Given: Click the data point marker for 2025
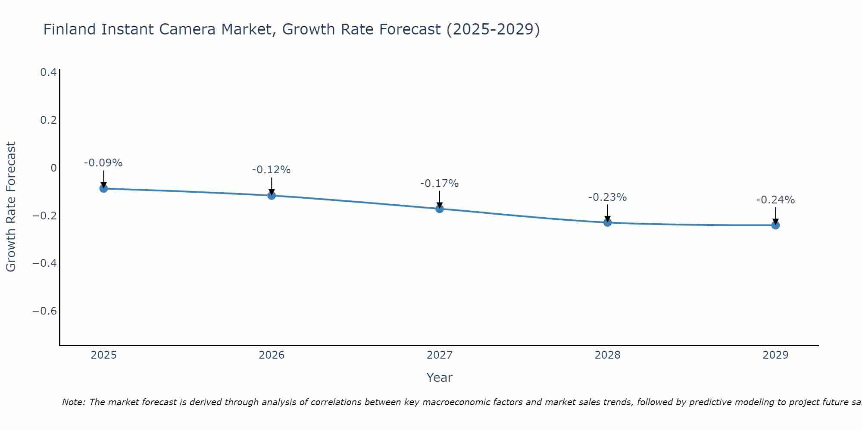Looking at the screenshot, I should click(103, 188).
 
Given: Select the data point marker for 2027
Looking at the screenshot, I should click(439, 209).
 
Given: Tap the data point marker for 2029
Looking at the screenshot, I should click(775, 225).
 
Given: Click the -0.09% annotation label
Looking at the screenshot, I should click(103, 163).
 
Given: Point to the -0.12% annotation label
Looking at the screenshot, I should click(271, 170).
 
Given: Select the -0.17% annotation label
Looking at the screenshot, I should click(439, 184).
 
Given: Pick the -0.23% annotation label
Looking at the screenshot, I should click(607, 197).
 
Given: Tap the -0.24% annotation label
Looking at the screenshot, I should click(775, 200).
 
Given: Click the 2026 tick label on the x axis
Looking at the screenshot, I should click(272, 355).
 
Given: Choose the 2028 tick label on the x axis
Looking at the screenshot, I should click(607, 355).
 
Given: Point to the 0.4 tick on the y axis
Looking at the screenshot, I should click(49, 72).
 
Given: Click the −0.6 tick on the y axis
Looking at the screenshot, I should click(44, 311).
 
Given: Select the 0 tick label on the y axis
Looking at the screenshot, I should click(53, 168).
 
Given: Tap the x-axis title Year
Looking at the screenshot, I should click(439, 378).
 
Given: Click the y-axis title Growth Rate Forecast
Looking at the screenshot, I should click(11, 207).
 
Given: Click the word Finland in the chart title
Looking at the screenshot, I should click(69, 29).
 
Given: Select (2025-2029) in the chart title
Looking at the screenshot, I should click(493, 29).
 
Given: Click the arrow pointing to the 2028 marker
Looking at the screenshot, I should click(607, 213).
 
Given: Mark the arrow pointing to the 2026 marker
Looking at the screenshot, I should click(272, 186).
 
